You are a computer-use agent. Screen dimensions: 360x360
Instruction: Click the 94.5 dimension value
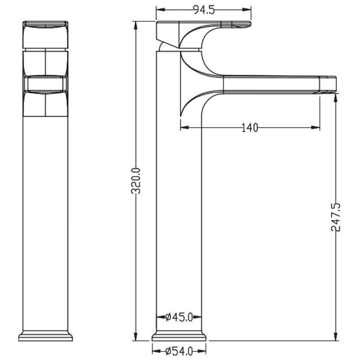point(203,10)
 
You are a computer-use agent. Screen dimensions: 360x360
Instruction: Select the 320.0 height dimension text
point(136,181)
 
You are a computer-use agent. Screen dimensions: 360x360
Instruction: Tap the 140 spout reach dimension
point(250,128)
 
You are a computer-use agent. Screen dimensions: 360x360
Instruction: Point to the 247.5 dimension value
point(336,217)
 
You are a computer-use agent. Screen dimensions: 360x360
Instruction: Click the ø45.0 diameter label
point(179,317)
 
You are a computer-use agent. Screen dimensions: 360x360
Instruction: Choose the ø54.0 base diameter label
point(179,351)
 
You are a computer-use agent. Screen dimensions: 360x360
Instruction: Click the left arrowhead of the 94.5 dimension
point(160,10)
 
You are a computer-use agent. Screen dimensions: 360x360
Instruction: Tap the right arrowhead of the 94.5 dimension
point(247,10)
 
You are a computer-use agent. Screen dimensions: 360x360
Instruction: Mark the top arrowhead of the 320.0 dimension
point(136,26)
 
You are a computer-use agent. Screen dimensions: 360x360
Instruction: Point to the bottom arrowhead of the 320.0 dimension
point(136,337)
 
